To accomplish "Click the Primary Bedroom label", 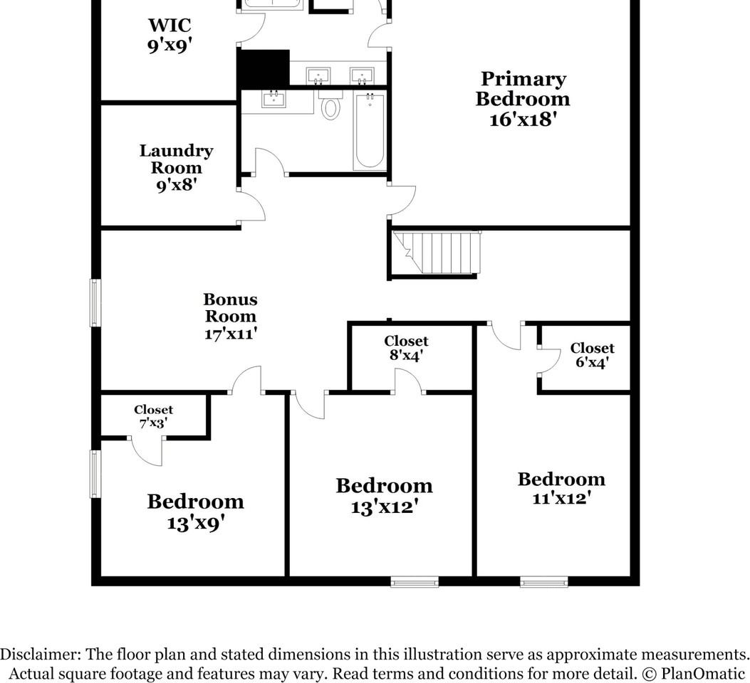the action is coord(523,99).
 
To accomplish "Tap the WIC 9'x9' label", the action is coord(170,35).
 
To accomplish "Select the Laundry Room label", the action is coord(176,168).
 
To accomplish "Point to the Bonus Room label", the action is coord(231,316).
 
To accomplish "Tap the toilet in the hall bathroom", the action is coord(330,105).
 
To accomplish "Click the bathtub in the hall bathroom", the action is coord(370,131).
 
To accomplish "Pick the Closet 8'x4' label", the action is coord(406,348).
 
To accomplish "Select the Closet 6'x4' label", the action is coord(592,355).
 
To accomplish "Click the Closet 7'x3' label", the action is coord(154,416).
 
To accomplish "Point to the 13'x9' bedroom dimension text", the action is coord(196,523).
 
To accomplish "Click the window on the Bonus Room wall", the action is coord(95,303).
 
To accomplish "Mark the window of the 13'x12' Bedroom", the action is coord(415,582).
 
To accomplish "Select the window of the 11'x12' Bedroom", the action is coord(544,582).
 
